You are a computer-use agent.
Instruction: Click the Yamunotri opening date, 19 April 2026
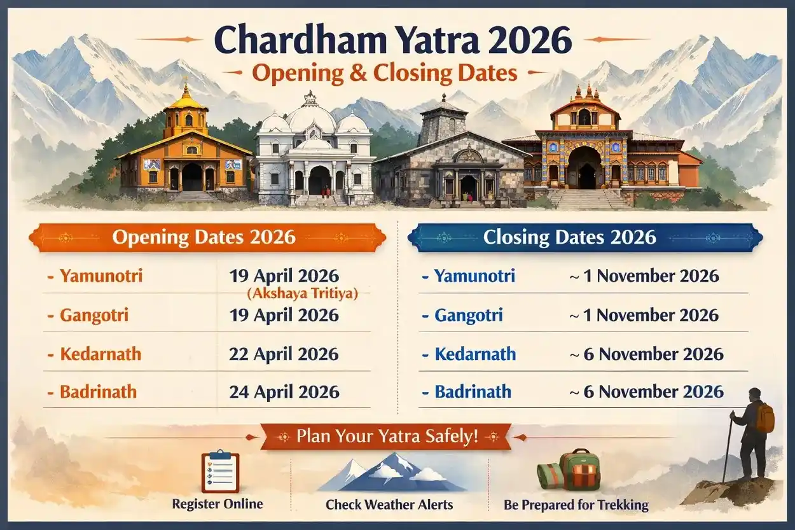pyautogui.click(x=284, y=276)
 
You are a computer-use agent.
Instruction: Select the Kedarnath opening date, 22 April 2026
pyautogui.click(x=284, y=354)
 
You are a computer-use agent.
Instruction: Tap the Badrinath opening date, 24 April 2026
pyautogui.click(x=284, y=392)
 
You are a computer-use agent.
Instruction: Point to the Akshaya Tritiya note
pyautogui.click(x=302, y=293)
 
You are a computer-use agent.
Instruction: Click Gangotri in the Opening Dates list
pyautogui.click(x=93, y=315)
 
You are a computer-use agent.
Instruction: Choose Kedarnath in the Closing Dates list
pyautogui.click(x=475, y=354)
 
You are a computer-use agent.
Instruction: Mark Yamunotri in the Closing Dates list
pyautogui.click(x=474, y=276)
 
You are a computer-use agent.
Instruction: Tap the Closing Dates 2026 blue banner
pyautogui.click(x=569, y=237)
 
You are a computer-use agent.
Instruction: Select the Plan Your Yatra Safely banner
pyautogui.click(x=387, y=437)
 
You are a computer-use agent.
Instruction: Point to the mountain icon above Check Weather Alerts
pyautogui.click(x=391, y=472)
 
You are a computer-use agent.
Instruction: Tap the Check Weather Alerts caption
pyautogui.click(x=389, y=505)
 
